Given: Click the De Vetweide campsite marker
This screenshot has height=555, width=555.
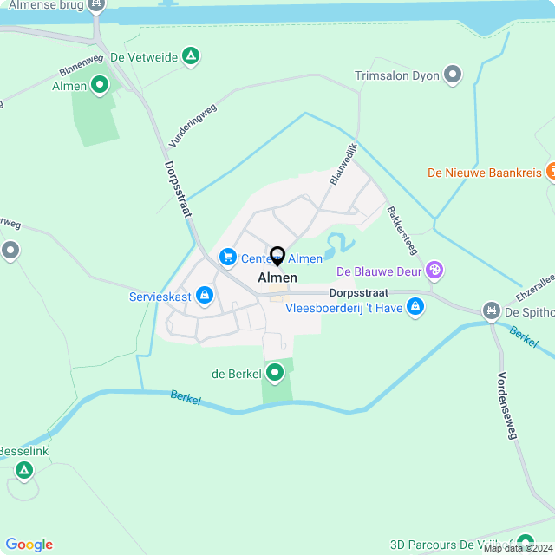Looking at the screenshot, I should point(192,58).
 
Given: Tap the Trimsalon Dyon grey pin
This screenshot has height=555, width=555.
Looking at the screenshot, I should point(452,75).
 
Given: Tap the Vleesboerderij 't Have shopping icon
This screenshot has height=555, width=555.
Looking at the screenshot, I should point(416,306).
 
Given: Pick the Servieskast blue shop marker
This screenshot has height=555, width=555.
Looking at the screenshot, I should point(205,297).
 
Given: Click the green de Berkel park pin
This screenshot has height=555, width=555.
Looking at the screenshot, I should point(276,374).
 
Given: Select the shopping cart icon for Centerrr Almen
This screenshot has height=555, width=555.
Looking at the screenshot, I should point(228,258).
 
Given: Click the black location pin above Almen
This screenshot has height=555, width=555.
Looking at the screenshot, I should point(277,257).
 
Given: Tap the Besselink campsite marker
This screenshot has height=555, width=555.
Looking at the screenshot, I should point(23,471).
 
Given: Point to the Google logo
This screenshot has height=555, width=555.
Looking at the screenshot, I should point(29,545).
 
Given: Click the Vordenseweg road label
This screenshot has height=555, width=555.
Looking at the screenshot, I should point(506,406).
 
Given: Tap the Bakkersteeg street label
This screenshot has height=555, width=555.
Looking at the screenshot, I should point(403,230).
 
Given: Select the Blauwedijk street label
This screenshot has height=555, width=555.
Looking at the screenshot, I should point(344,165).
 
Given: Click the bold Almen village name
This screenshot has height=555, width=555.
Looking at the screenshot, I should point(277,277).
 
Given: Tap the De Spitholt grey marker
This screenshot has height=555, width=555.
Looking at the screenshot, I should point(492,310).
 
